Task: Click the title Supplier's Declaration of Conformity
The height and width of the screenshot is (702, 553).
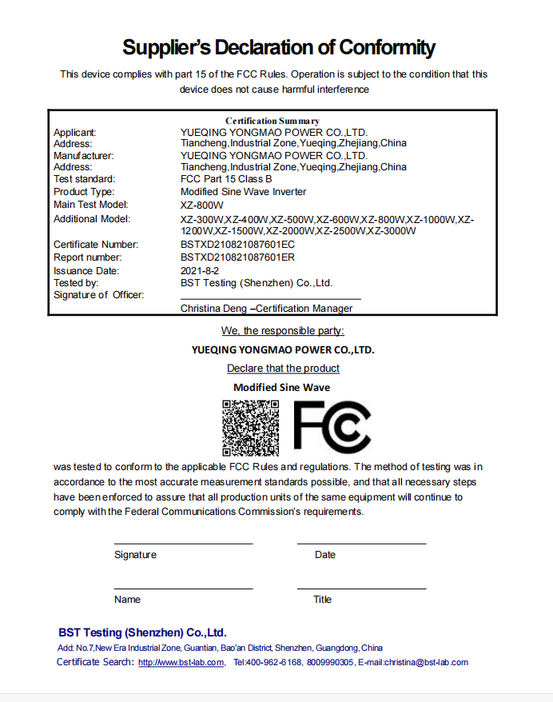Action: point(278,47)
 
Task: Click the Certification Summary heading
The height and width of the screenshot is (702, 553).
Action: point(272,121)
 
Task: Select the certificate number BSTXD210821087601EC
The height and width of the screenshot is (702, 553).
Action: point(237,245)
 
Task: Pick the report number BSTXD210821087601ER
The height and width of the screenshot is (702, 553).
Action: point(237,257)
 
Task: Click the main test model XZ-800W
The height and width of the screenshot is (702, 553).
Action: point(203,205)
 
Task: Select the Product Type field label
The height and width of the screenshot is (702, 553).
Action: point(84,192)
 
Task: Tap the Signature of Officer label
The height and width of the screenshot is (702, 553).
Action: point(98,295)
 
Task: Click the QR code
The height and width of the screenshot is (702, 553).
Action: point(250,427)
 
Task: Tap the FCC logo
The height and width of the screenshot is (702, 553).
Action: point(332,427)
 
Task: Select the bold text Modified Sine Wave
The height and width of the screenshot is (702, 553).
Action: point(281,388)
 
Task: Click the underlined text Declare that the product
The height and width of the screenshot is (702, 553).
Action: point(283,369)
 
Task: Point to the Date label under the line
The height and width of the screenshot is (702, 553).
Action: point(325,555)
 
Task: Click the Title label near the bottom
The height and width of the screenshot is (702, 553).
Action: point(322,600)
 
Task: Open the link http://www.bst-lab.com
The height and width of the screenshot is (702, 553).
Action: point(181,663)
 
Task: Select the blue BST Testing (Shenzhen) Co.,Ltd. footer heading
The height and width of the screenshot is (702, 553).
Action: point(142,632)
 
